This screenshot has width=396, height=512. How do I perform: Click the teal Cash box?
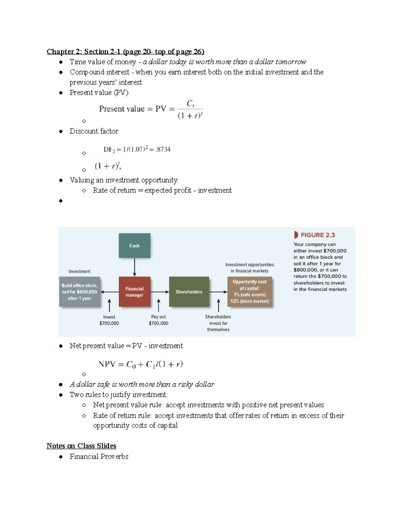tap(134, 246)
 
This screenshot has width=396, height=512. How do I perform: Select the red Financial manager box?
tap(134, 292)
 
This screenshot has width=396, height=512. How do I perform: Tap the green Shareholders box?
tap(189, 292)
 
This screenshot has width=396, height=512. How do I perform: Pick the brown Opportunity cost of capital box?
tap(249, 291)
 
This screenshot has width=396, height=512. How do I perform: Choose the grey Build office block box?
tap(80, 292)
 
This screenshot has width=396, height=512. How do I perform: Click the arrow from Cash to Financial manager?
tap(134, 267)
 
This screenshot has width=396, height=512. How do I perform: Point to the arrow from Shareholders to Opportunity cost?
tap(218, 292)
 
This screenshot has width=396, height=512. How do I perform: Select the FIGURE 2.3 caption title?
tap(317, 235)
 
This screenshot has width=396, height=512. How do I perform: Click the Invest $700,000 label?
tap(109, 320)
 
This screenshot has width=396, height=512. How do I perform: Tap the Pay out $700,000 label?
tap(158, 320)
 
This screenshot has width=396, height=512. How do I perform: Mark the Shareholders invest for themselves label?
tap(218, 323)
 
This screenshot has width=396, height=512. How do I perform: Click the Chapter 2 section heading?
tap(125, 51)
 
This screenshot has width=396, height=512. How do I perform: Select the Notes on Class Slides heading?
tap(81, 446)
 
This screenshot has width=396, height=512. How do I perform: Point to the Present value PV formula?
tap(151, 109)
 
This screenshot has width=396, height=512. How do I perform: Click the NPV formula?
tap(140, 364)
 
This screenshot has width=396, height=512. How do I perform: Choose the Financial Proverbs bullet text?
tap(99, 457)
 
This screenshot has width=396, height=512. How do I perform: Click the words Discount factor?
tap(94, 131)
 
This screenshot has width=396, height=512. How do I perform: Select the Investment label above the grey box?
tap(79, 271)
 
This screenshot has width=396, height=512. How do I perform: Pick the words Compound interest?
tap(99, 72)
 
